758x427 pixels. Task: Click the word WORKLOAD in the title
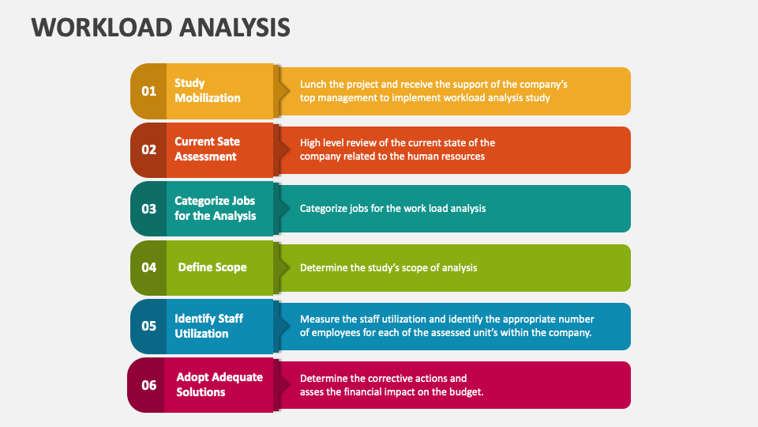click(x=102, y=27)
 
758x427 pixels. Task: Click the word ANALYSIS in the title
click(x=235, y=27)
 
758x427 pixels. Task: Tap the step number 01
click(x=149, y=91)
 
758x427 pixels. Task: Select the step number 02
click(x=149, y=149)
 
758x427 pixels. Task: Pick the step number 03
click(x=149, y=209)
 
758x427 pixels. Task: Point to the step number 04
click(x=149, y=267)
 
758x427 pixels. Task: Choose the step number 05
click(x=149, y=326)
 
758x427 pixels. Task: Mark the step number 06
click(x=149, y=385)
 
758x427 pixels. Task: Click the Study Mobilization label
click(x=208, y=90)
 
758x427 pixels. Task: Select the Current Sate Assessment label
click(x=207, y=149)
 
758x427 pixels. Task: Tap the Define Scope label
click(x=212, y=267)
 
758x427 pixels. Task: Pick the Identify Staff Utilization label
click(x=208, y=326)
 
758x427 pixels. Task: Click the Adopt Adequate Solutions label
click(x=220, y=384)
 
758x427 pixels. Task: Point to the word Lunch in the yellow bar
click(x=313, y=85)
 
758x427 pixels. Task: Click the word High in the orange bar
click(x=310, y=143)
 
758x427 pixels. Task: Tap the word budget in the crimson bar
click(x=468, y=391)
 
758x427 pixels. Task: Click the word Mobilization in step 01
click(x=208, y=98)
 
